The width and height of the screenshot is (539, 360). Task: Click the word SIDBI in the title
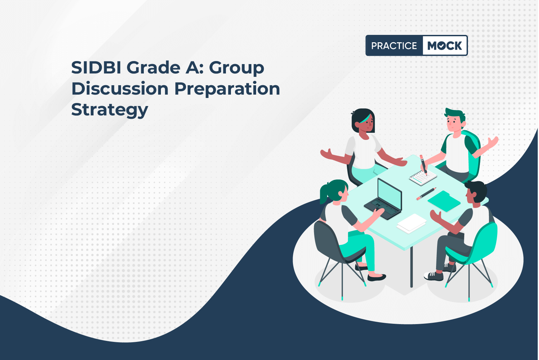click(x=96, y=67)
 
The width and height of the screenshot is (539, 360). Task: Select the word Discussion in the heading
click(x=120, y=89)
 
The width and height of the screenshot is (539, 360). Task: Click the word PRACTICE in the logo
click(x=394, y=46)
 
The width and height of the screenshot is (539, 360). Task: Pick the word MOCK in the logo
click(x=444, y=46)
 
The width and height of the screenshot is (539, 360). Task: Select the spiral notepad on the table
click(x=423, y=178)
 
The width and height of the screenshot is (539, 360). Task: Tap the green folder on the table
click(x=444, y=201)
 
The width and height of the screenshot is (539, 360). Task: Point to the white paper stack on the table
click(x=411, y=223)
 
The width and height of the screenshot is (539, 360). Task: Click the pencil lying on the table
click(x=426, y=194)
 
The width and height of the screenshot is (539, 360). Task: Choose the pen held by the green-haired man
click(x=423, y=165)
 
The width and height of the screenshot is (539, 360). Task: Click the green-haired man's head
click(x=455, y=120)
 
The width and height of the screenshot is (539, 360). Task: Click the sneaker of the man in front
click(x=434, y=276)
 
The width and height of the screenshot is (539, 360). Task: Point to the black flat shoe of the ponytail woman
click(x=376, y=278)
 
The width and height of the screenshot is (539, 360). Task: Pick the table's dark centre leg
click(x=411, y=267)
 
